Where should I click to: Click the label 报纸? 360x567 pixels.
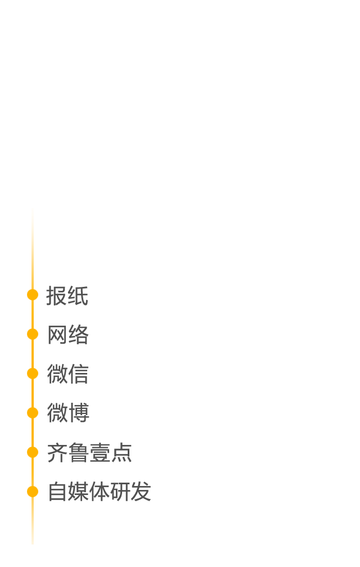(67, 295)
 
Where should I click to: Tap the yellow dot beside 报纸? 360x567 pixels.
(33, 295)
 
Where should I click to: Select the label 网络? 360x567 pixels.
(68, 335)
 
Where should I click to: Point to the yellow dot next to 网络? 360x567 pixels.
(33, 334)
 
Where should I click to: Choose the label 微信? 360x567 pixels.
(68, 373)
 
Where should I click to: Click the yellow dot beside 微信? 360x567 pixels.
(33, 373)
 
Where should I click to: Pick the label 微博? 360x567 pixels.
(68, 413)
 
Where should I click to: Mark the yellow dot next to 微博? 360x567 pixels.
(33, 413)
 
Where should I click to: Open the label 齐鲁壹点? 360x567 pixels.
(89, 452)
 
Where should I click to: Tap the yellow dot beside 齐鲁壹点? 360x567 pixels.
(33, 452)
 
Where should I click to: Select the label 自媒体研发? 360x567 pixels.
(100, 492)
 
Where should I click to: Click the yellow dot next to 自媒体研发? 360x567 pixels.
(33, 492)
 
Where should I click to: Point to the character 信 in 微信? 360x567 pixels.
(78, 373)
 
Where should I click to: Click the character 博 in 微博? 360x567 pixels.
(79, 413)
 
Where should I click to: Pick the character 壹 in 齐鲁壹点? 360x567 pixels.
(100, 452)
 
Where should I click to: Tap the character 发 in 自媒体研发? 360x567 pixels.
(141, 492)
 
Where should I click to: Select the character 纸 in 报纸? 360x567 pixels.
(78, 295)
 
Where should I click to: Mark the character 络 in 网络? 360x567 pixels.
(78, 335)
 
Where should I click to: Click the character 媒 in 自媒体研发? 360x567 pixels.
(78, 492)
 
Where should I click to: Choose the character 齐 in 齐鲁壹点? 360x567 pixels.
(58, 452)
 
